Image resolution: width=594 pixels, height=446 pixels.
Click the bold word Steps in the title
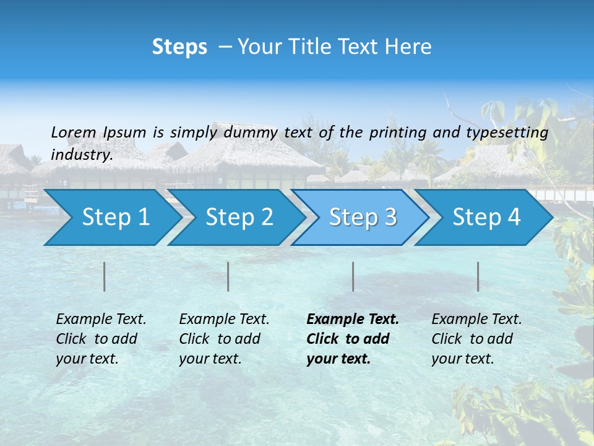pyautogui.click(x=179, y=47)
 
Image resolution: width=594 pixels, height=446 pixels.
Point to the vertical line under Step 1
pyautogui.click(x=105, y=276)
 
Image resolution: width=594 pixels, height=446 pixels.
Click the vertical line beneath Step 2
pyautogui.click(x=228, y=276)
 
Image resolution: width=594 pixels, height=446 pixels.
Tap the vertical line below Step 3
pyautogui.click(x=353, y=276)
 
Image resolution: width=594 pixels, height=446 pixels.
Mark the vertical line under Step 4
pyautogui.click(x=478, y=276)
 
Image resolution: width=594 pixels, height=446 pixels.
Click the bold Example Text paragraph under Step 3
pyautogui.click(x=353, y=339)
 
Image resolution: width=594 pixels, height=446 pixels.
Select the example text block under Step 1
pyautogui.click(x=101, y=339)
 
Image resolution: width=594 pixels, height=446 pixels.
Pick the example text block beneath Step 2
pyautogui.click(x=224, y=339)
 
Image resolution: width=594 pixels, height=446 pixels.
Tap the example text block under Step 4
pyautogui.click(x=476, y=339)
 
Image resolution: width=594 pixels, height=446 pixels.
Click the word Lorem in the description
pyautogui.click(x=74, y=132)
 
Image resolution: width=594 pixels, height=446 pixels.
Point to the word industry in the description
pyautogui.click(x=81, y=155)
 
